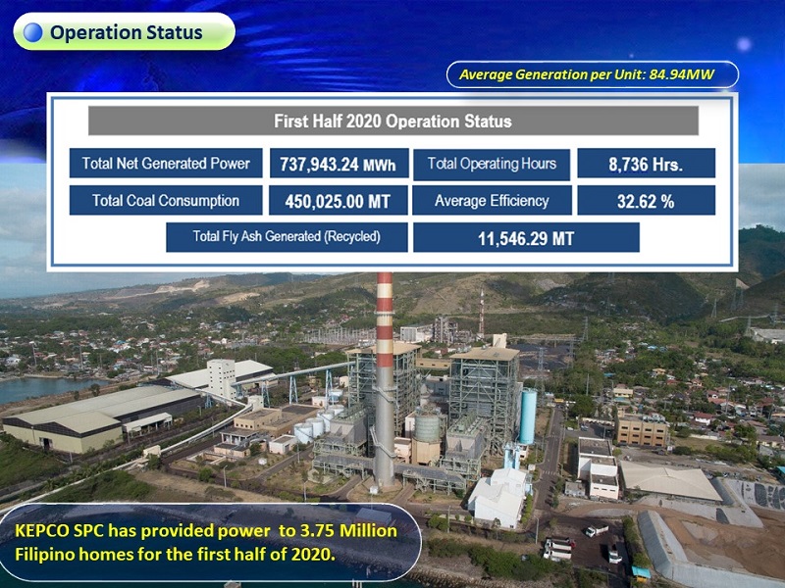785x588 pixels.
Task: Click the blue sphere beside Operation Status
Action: click(33, 32)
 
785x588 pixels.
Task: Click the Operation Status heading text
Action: click(127, 32)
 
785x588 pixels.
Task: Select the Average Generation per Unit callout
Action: click(593, 74)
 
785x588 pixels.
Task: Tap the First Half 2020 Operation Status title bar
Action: click(393, 121)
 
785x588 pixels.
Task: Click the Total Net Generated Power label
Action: click(166, 163)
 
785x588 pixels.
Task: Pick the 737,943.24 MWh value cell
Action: click(339, 164)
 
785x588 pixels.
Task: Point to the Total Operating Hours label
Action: click(492, 164)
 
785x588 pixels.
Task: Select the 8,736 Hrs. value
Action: click(646, 164)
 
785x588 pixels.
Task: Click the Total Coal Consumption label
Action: click(166, 201)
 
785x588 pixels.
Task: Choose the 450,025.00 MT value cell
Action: click(338, 201)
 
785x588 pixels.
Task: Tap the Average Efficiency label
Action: click(492, 201)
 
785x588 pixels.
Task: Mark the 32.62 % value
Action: click(646, 201)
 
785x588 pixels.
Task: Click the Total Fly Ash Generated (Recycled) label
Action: click(287, 237)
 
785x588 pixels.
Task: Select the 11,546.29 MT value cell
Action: click(526, 237)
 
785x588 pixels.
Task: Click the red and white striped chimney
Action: click(384, 380)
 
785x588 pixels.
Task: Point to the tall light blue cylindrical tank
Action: click(528, 416)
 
